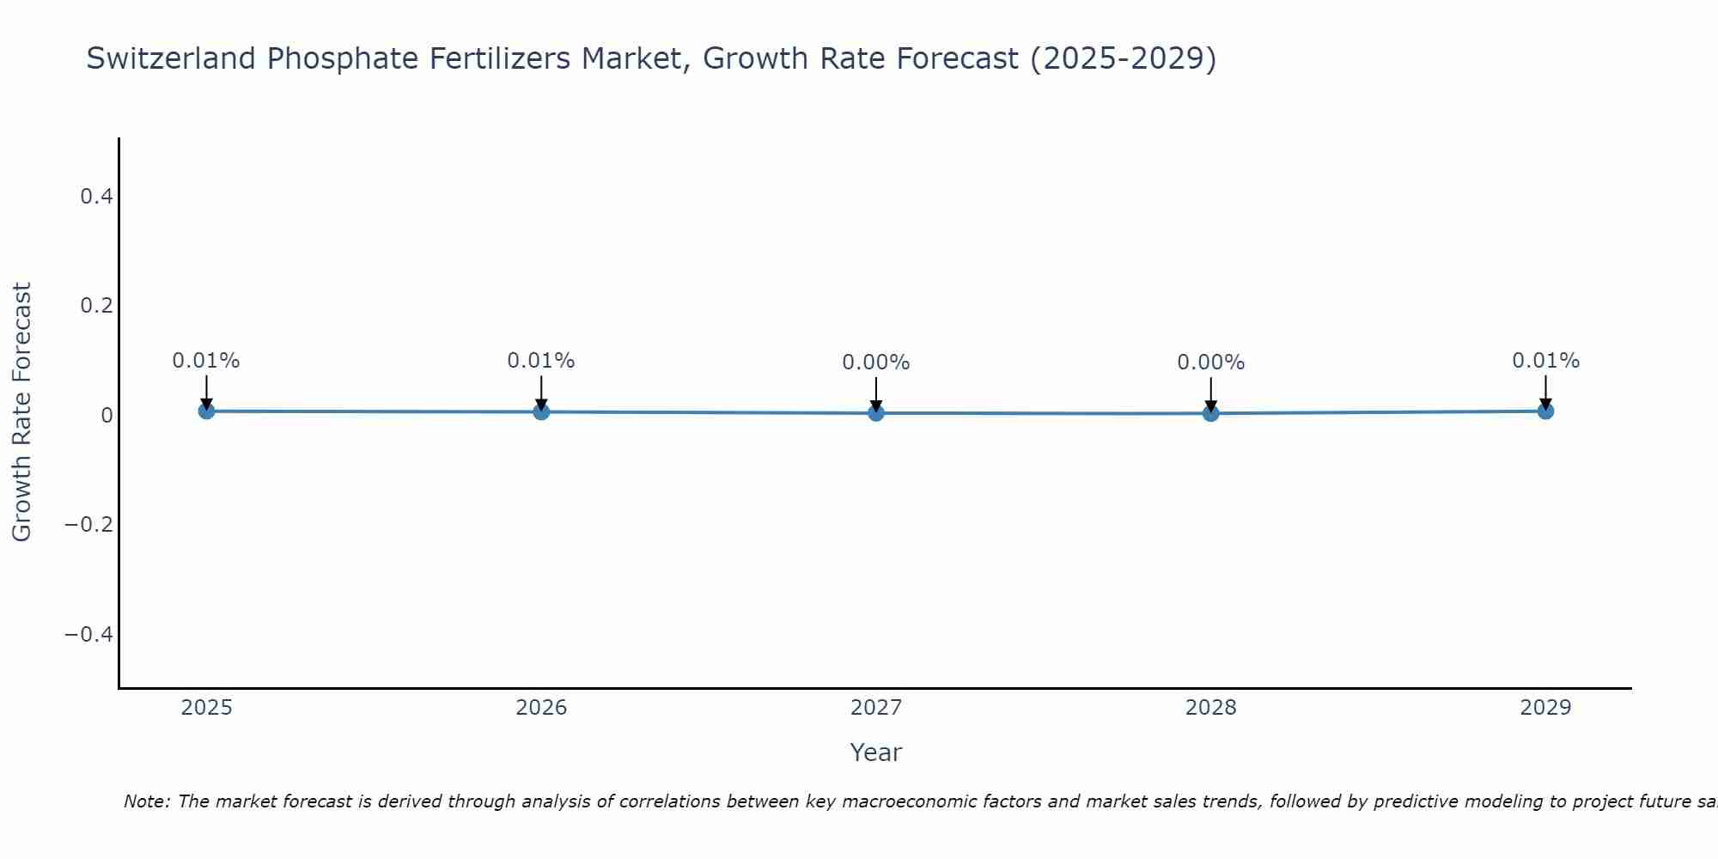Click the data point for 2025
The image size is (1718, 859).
206,411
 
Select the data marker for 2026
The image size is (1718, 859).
541,412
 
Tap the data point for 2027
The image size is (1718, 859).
876,413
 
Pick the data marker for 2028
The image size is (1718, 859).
1211,413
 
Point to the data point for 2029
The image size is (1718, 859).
1545,411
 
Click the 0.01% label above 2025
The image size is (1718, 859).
206,361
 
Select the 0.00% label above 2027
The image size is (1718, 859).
876,362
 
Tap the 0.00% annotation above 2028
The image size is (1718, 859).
1211,362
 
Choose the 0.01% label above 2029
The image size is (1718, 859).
1545,361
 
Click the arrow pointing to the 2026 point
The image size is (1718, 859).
541,392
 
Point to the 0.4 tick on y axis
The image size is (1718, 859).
96,197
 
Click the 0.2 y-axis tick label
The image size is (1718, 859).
96,306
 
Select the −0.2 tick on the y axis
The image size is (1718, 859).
89,525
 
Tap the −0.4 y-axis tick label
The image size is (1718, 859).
89,634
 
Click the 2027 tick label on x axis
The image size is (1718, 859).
876,708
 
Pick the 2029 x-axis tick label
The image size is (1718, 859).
1545,708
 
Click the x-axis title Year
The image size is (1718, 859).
876,752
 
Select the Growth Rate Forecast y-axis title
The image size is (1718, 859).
22,412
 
